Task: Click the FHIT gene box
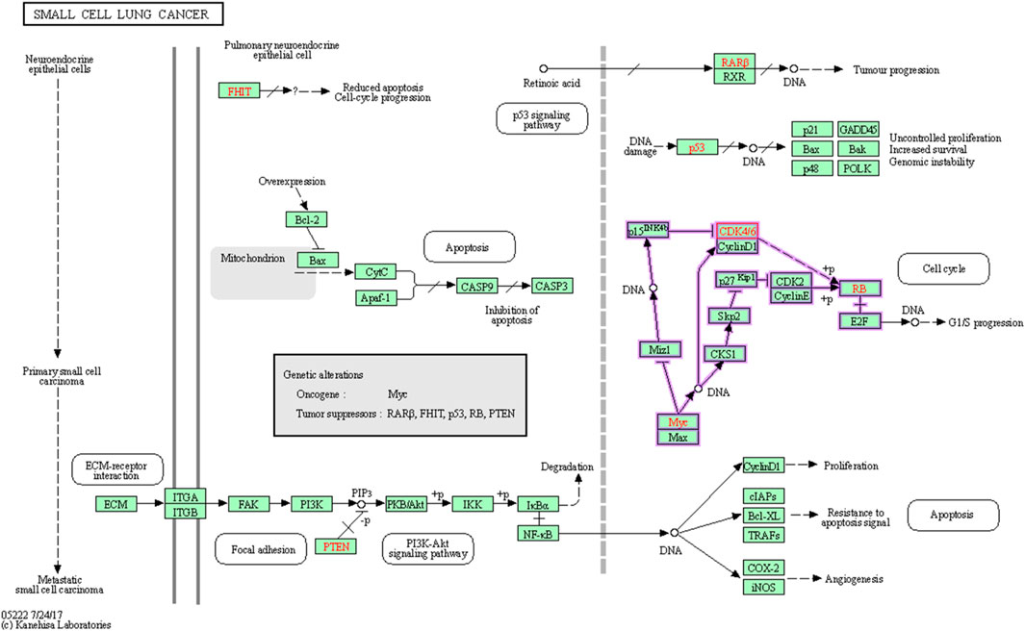pyautogui.click(x=240, y=90)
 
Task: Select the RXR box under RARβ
pyautogui.click(x=734, y=76)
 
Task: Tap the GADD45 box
pyautogui.click(x=858, y=129)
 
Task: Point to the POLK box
pyautogui.click(x=858, y=168)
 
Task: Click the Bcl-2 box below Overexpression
pyautogui.click(x=307, y=219)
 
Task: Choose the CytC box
pyautogui.click(x=376, y=272)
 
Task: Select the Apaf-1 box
pyautogui.click(x=376, y=298)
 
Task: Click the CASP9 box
pyautogui.click(x=477, y=286)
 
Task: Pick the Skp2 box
pyautogui.click(x=729, y=316)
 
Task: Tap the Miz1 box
pyautogui.click(x=659, y=349)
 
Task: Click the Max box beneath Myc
pyautogui.click(x=678, y=437)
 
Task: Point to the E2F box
pyautogui.click(x=859, y=320)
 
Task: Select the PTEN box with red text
pyautogui.click(x=336, y=546)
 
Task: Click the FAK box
pyautogui.click(x=248, y=504)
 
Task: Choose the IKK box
pyautogui.click(x=473, y=504)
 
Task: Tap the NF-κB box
pyautogui.click(x=538, y=534)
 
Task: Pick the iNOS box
pyautogui.click(x=763, y=588)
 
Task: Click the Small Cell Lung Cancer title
pyautogui.click(x=123, y=14)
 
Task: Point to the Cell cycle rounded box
pyautogui.click(x=943, y=268)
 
